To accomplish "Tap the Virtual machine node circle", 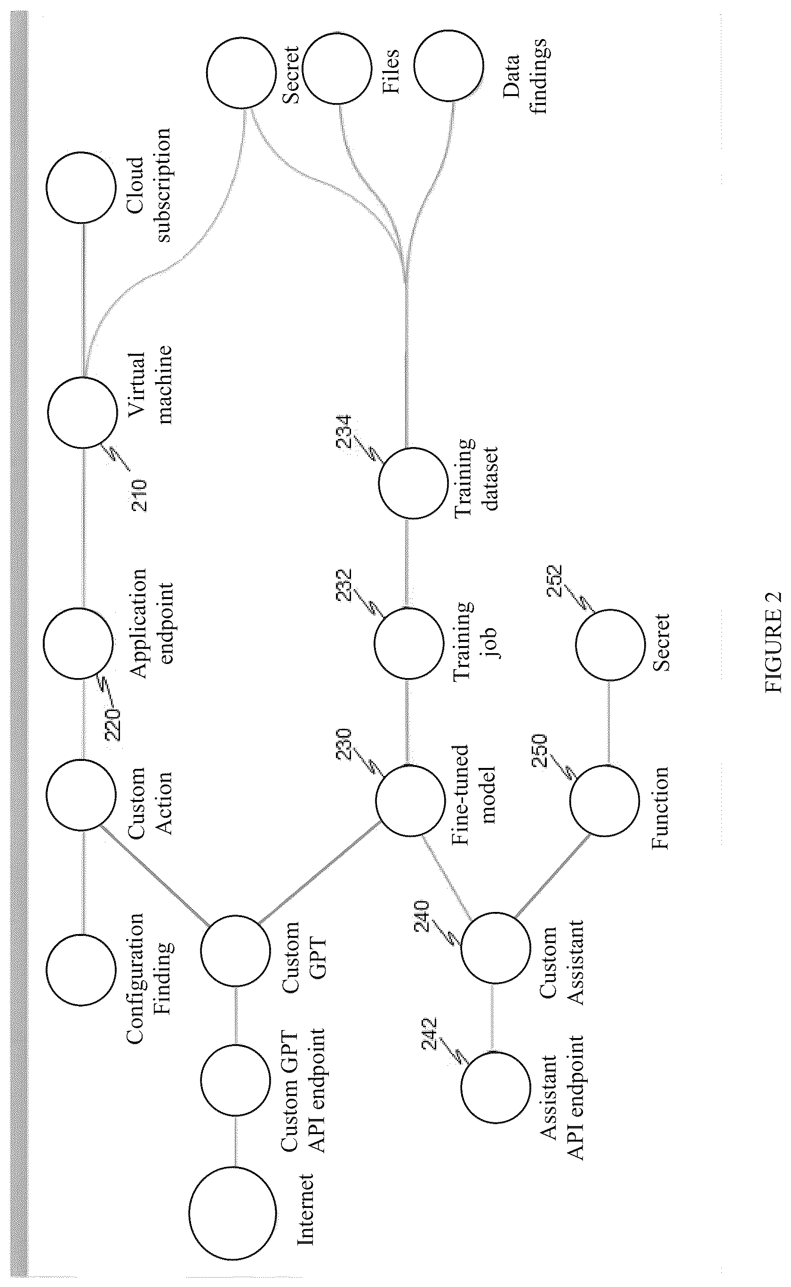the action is [x=83, y=412].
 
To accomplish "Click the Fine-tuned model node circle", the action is [x=411, y=800].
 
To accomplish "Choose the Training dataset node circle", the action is [x=413, y=483].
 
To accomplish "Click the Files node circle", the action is [x=338, y=69].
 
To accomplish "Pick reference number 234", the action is [x=344, y=431].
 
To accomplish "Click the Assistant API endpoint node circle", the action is [x=496, y=1086].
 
